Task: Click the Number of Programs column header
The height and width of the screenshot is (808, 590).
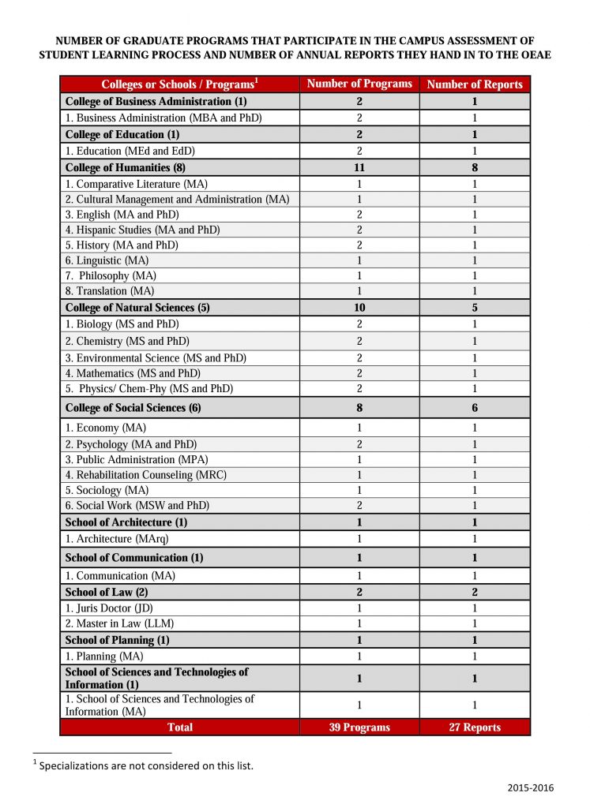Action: click(359, 84)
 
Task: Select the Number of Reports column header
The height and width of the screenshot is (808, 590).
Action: click(475, 84)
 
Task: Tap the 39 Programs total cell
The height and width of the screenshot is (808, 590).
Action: click(359, 728)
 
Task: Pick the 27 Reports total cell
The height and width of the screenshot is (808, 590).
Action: click(475, 728)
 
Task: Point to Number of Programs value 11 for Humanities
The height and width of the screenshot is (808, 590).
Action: click(359, 167)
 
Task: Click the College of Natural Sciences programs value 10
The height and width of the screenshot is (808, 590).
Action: click(359, 308)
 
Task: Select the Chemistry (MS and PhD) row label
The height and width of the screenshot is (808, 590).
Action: click(127, 342)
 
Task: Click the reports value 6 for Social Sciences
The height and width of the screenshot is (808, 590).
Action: click(475, 408)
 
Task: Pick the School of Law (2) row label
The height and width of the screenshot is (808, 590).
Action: click(107, 592)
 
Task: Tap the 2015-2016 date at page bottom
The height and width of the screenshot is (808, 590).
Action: click(531, 787)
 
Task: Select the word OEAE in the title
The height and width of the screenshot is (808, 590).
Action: click(534, 54)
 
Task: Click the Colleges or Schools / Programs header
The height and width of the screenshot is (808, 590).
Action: click(180, 84)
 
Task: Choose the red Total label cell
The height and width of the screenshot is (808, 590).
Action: click(180, 728)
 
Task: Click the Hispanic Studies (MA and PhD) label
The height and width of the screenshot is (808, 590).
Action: click(142, 230)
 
